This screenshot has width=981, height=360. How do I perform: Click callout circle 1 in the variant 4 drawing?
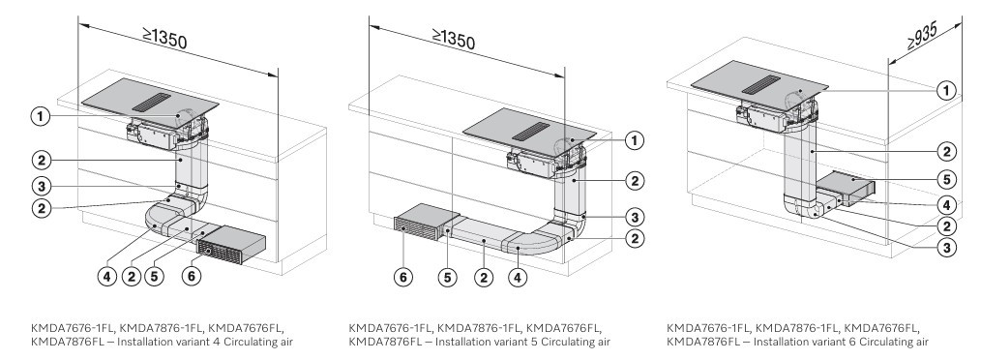tap(40, 116)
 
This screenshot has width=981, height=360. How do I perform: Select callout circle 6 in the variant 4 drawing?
tap(192, 276)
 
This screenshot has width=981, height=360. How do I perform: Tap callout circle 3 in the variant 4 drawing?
tap(41, 186)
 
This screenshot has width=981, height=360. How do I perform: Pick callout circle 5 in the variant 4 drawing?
tap(154, 276)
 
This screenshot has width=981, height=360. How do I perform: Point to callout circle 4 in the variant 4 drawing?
tap(108, 276)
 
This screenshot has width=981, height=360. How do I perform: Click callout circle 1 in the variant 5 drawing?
tap(635, 141)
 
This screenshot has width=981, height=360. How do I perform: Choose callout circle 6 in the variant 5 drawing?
tap(403, 278)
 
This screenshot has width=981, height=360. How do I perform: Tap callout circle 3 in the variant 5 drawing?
tap(635, 218)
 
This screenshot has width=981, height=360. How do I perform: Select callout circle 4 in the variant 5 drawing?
tap(518, 278)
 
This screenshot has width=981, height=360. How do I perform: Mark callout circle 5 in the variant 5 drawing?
tap(447, 278)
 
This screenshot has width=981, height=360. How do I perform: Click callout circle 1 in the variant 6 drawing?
tap(946, 91)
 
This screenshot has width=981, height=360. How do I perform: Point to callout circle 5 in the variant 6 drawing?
tap(946, 180)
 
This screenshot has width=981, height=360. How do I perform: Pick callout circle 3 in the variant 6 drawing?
tap(946, 248)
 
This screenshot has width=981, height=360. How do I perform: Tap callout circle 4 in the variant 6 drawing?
tap(946, 204)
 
